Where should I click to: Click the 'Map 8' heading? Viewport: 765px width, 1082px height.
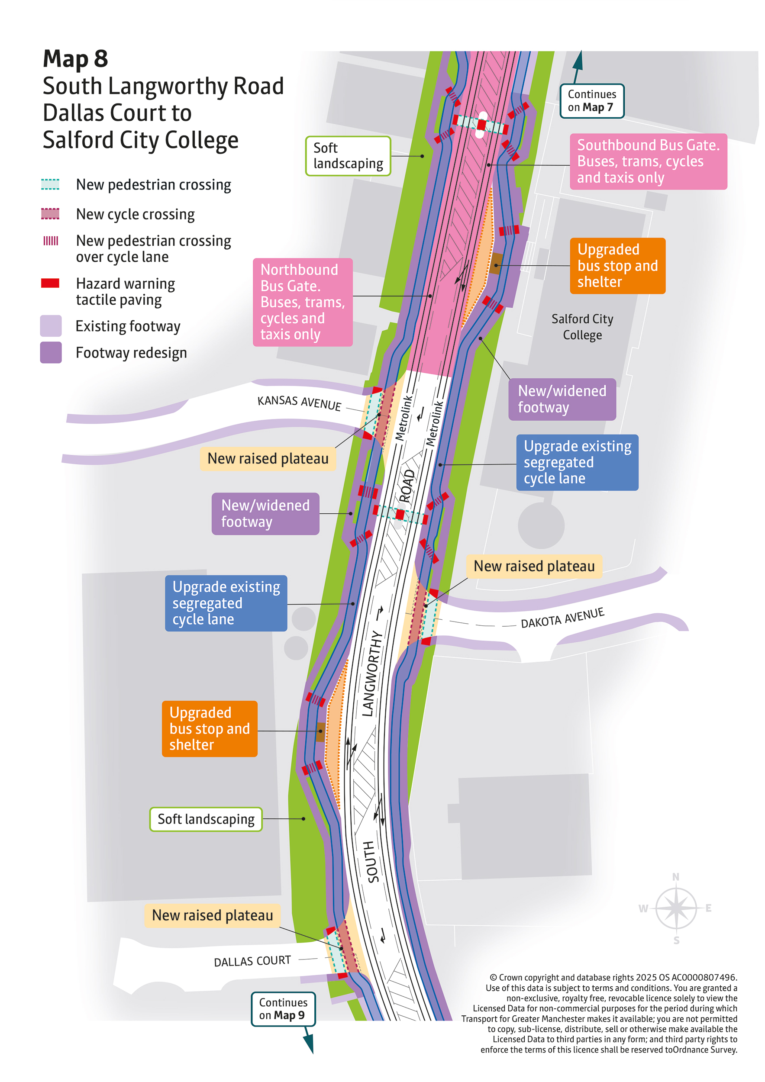(x=75, y=59)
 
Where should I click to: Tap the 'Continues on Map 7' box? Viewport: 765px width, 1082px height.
(x=591, y=101)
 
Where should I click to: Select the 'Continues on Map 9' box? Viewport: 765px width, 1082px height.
(x=283, y=1008)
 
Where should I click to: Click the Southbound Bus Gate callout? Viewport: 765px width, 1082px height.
(x=648, y=161)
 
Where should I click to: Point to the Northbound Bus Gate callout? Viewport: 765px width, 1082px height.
(x=303, y=302)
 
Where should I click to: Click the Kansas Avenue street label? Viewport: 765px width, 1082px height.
(x=299, y=403)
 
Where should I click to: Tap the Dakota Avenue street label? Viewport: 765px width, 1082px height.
(x=562, y=617)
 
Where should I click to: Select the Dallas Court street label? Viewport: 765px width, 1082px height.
(x=252, y=961)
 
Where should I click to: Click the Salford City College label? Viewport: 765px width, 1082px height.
(x=582, y=327)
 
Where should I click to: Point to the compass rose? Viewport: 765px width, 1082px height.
(x=676, y=907)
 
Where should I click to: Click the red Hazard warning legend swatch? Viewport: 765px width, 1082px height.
(x=50, y=283)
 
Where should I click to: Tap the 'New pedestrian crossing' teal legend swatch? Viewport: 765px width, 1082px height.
(x=50, y=184)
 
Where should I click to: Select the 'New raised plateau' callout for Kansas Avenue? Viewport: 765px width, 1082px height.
(x=268, y=458)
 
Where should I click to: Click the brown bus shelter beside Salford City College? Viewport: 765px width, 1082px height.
(x=496, y=264)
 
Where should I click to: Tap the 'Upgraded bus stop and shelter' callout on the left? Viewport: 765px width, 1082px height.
(x=210, y=728)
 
